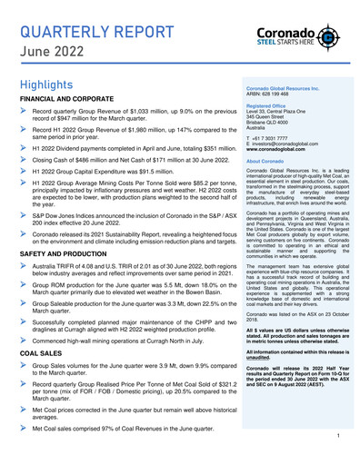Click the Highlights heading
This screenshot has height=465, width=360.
[x=51, y=84]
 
